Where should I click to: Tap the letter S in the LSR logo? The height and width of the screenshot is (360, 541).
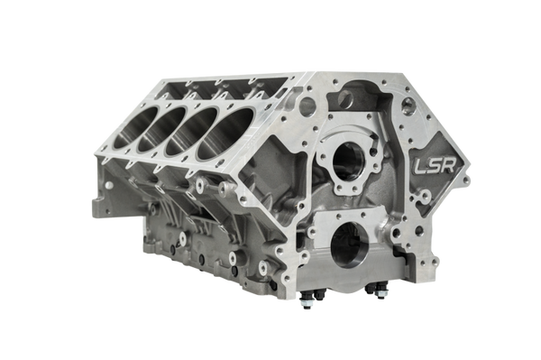point(435,166)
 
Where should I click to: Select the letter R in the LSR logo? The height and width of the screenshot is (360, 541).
point(449,165)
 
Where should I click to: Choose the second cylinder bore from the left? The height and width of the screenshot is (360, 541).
point(161,129)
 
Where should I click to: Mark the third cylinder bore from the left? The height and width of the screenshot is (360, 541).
point(191,132)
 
